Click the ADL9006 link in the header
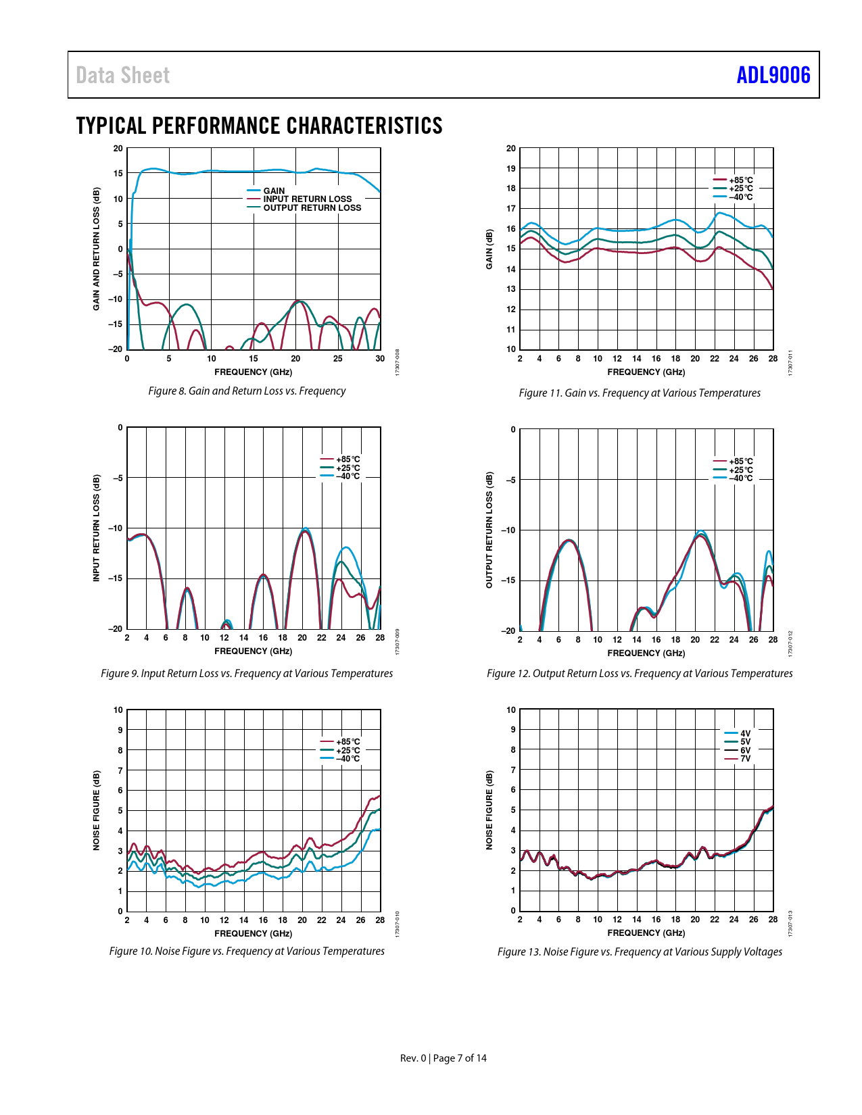coord(773,75)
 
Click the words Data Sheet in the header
coord(122,75)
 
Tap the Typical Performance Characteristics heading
coord(259,126)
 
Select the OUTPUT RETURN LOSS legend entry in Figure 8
coord(312,208)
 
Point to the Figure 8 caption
coord(247,391)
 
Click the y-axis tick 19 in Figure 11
coord(511,168)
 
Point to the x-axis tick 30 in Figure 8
coord(380,359)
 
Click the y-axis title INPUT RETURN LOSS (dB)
coord(97,528)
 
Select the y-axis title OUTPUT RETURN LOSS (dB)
coord(489,530)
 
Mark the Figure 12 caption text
coord(640,674)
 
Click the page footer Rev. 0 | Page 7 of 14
coord(443,1058)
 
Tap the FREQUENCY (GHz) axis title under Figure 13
coord(646,933)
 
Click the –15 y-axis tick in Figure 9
coord(116,578)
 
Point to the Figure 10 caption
coord(247,951)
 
